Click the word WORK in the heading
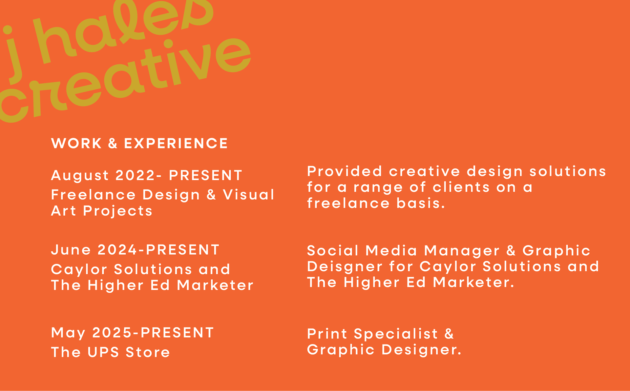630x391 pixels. (x=76, y=144)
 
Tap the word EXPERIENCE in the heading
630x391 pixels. (x=176, y=144)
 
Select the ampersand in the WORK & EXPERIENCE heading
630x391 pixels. (x=113, y=144)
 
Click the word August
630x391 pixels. (x=80, y=176)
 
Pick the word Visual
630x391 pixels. (x=248, y=195)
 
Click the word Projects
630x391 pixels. (x=117, y=211)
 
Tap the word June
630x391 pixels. (x=71, y=250)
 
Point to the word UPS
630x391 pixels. (x=103, y=352)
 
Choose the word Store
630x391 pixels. (x=148, y=352)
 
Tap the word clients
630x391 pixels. (x=461, y=187)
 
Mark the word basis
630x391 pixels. (x=421, y=203)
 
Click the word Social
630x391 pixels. (x=333, y=251)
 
